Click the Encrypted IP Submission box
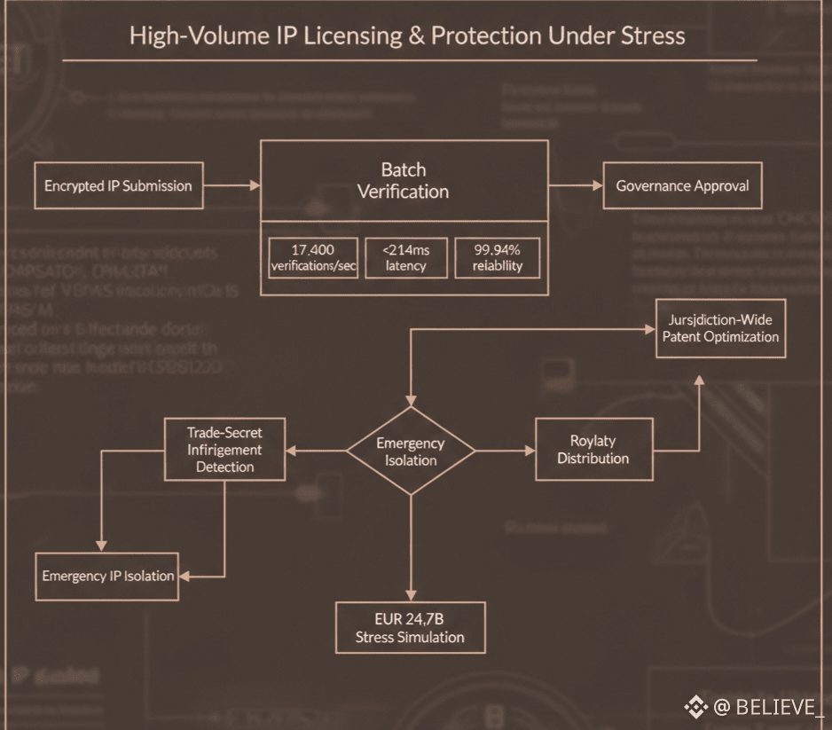(x=118, y=185)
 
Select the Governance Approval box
(x=682, y=185)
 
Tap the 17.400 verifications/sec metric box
(x=313, y=257)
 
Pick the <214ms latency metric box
(x=406, y=257)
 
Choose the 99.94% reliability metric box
(x=497, y=257)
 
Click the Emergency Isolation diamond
(x=411, y=451)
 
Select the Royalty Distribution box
(x=593, y=450)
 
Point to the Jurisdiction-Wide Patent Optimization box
(x=720, y=328)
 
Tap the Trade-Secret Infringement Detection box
(x=224, y=449)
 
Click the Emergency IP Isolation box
(x=107, y=576)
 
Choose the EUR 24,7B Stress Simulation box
(x=410, y=628)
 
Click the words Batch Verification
(x=404, y=180)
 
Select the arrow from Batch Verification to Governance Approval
(x=576, y=185)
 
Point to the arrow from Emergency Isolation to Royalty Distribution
(x=506, y=451)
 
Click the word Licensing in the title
(x=349, y=36)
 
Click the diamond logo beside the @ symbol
(x=695, y=707)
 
